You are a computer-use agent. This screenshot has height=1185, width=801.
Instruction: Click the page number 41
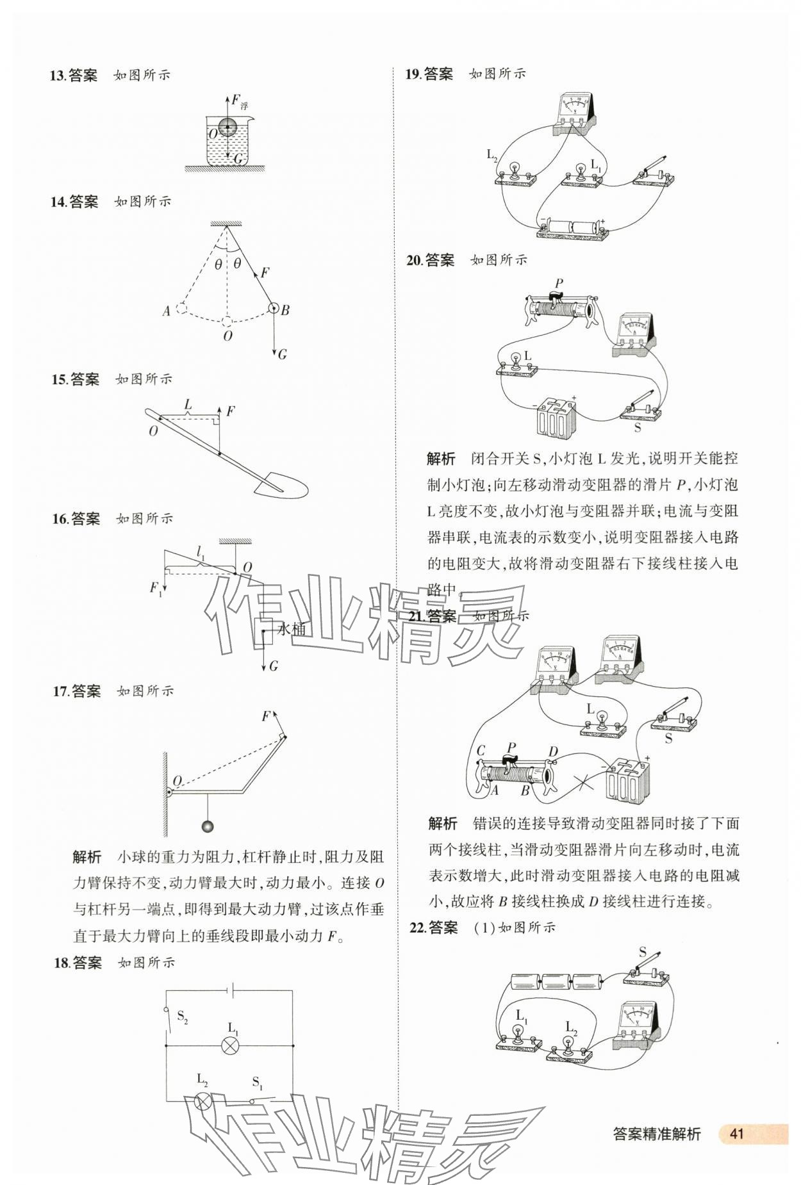[736, 1133]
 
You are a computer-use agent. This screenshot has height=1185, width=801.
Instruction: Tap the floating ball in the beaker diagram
[228, 127]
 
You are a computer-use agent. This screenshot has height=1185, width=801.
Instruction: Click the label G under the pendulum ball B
[282, 354]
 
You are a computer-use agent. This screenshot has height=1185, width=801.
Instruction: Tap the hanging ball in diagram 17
[207, 826]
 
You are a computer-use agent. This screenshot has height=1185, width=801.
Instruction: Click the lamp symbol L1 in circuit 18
[229, 1046]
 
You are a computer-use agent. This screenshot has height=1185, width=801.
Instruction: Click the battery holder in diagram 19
[572, 229]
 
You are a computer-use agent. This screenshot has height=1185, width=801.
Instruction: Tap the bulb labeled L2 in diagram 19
[513, 172]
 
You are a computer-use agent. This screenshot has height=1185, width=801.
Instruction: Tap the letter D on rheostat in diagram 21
[553, 751]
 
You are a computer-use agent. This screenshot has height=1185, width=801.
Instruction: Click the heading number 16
[60, 519]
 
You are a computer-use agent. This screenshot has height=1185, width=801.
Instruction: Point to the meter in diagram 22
[637, 1027]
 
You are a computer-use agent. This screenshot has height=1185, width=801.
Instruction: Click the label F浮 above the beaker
[239, 101]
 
